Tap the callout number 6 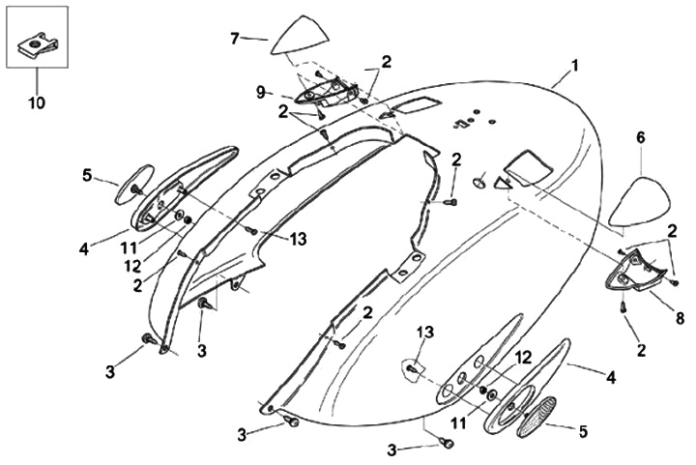click(640, 138)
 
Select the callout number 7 click(233, 38)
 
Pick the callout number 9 click(260, 93)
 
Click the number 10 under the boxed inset click(39, 100)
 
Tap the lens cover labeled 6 click(641, 200)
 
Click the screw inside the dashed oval click(412, 367)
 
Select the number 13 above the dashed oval click(422, 334)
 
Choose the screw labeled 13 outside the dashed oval click(251, 230)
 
